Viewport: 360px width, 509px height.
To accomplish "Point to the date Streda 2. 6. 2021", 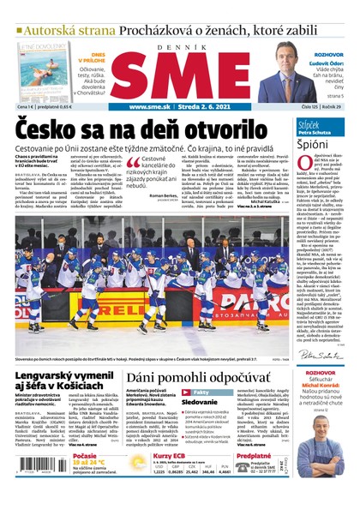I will pos(198,107).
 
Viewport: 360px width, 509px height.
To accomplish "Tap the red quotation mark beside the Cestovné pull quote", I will pos(132,160).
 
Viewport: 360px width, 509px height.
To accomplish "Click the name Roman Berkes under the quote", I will pos(163,196).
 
